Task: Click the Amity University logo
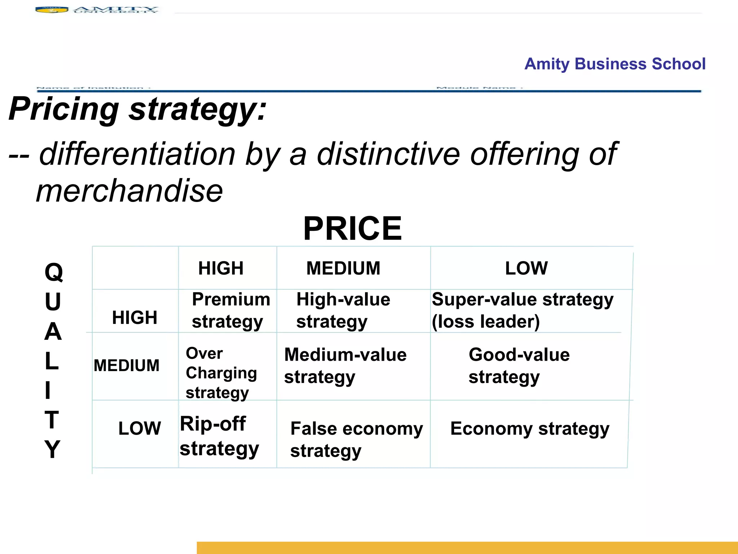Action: pos(97,10)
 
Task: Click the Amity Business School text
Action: pos(615,64)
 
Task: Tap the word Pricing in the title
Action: pos(64,109)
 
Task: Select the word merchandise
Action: pos(129,191)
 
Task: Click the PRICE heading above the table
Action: pos(352,228)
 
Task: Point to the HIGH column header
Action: pos(221,268)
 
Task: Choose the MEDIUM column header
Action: pos(343,268)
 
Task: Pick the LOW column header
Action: pos(526,268)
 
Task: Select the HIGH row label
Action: pos(134,318)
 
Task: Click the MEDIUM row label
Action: pos(126,365)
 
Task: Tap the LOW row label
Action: pos(139,428)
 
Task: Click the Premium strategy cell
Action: pos(231,311)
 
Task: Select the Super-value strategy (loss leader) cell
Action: pos(522,311)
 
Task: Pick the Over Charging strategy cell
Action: pos(221,373)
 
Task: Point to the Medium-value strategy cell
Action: pos(345,366)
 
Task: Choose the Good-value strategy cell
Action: pos(519,366)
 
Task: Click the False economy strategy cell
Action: pos(356,440)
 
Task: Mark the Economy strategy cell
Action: pos(530,429)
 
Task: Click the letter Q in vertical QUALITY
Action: pos(54,272)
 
